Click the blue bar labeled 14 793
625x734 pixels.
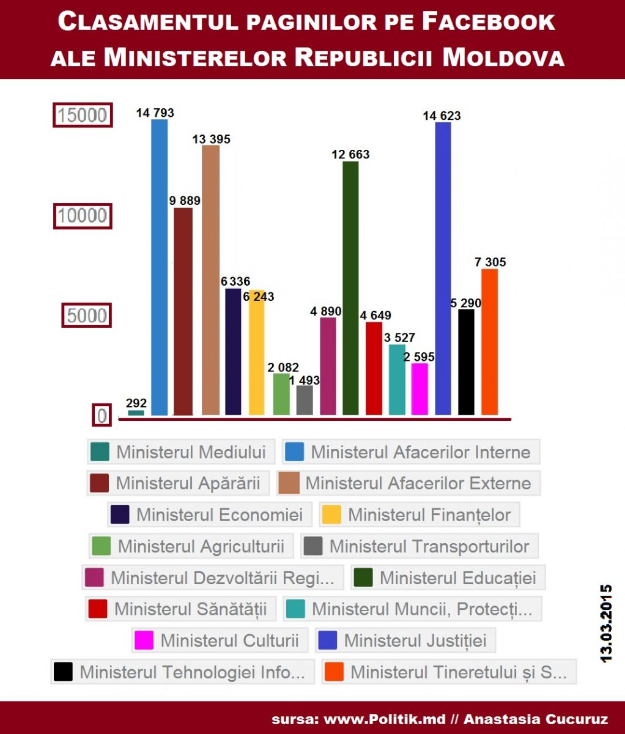tap(160, 267)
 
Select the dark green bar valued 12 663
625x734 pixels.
tap(350, 287)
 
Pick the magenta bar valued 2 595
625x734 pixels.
tap(420, 389)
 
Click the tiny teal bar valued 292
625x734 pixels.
tap(136, 413)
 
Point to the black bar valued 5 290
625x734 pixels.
tap(466, 361)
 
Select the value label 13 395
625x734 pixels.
tap(211, 139)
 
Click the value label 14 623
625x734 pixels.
tap(442, 116)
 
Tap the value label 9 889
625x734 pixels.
tap(185, 201)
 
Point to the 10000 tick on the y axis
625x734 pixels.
tap(83, 216)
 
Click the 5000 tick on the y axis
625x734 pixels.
tap(87, 316)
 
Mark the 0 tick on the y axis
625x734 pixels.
tap(102, 416)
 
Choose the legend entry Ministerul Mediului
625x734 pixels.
tap(181, 452)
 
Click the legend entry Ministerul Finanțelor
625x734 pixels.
tap(420, 515)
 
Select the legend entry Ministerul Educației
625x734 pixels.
tap(448, 578)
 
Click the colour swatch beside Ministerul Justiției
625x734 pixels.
tap(328, 640)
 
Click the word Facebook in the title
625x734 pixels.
tap(488, 22)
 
